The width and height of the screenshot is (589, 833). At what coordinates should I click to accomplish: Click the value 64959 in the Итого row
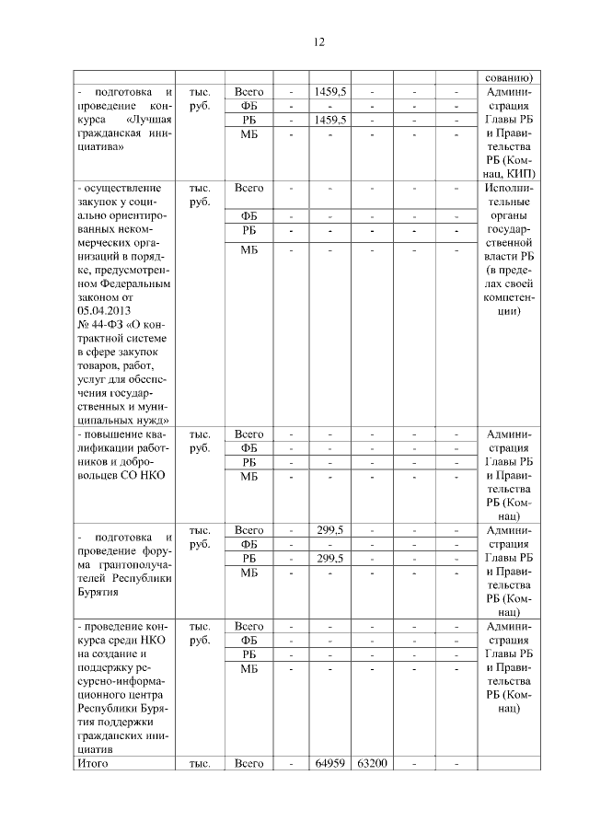pos(329,763)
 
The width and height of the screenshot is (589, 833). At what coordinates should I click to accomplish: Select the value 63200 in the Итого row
pos(371,763)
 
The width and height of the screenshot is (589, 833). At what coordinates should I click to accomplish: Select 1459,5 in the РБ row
pos(329,121)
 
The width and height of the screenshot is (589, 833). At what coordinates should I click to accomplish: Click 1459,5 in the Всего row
pos(329,92)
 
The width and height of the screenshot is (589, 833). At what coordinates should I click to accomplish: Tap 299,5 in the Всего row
pos(329,531)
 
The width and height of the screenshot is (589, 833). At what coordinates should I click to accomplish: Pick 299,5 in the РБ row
pos(329,559)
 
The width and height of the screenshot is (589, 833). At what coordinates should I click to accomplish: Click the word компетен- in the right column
pos(508,296)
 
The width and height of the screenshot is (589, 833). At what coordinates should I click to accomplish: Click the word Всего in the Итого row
pos(249,763)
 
